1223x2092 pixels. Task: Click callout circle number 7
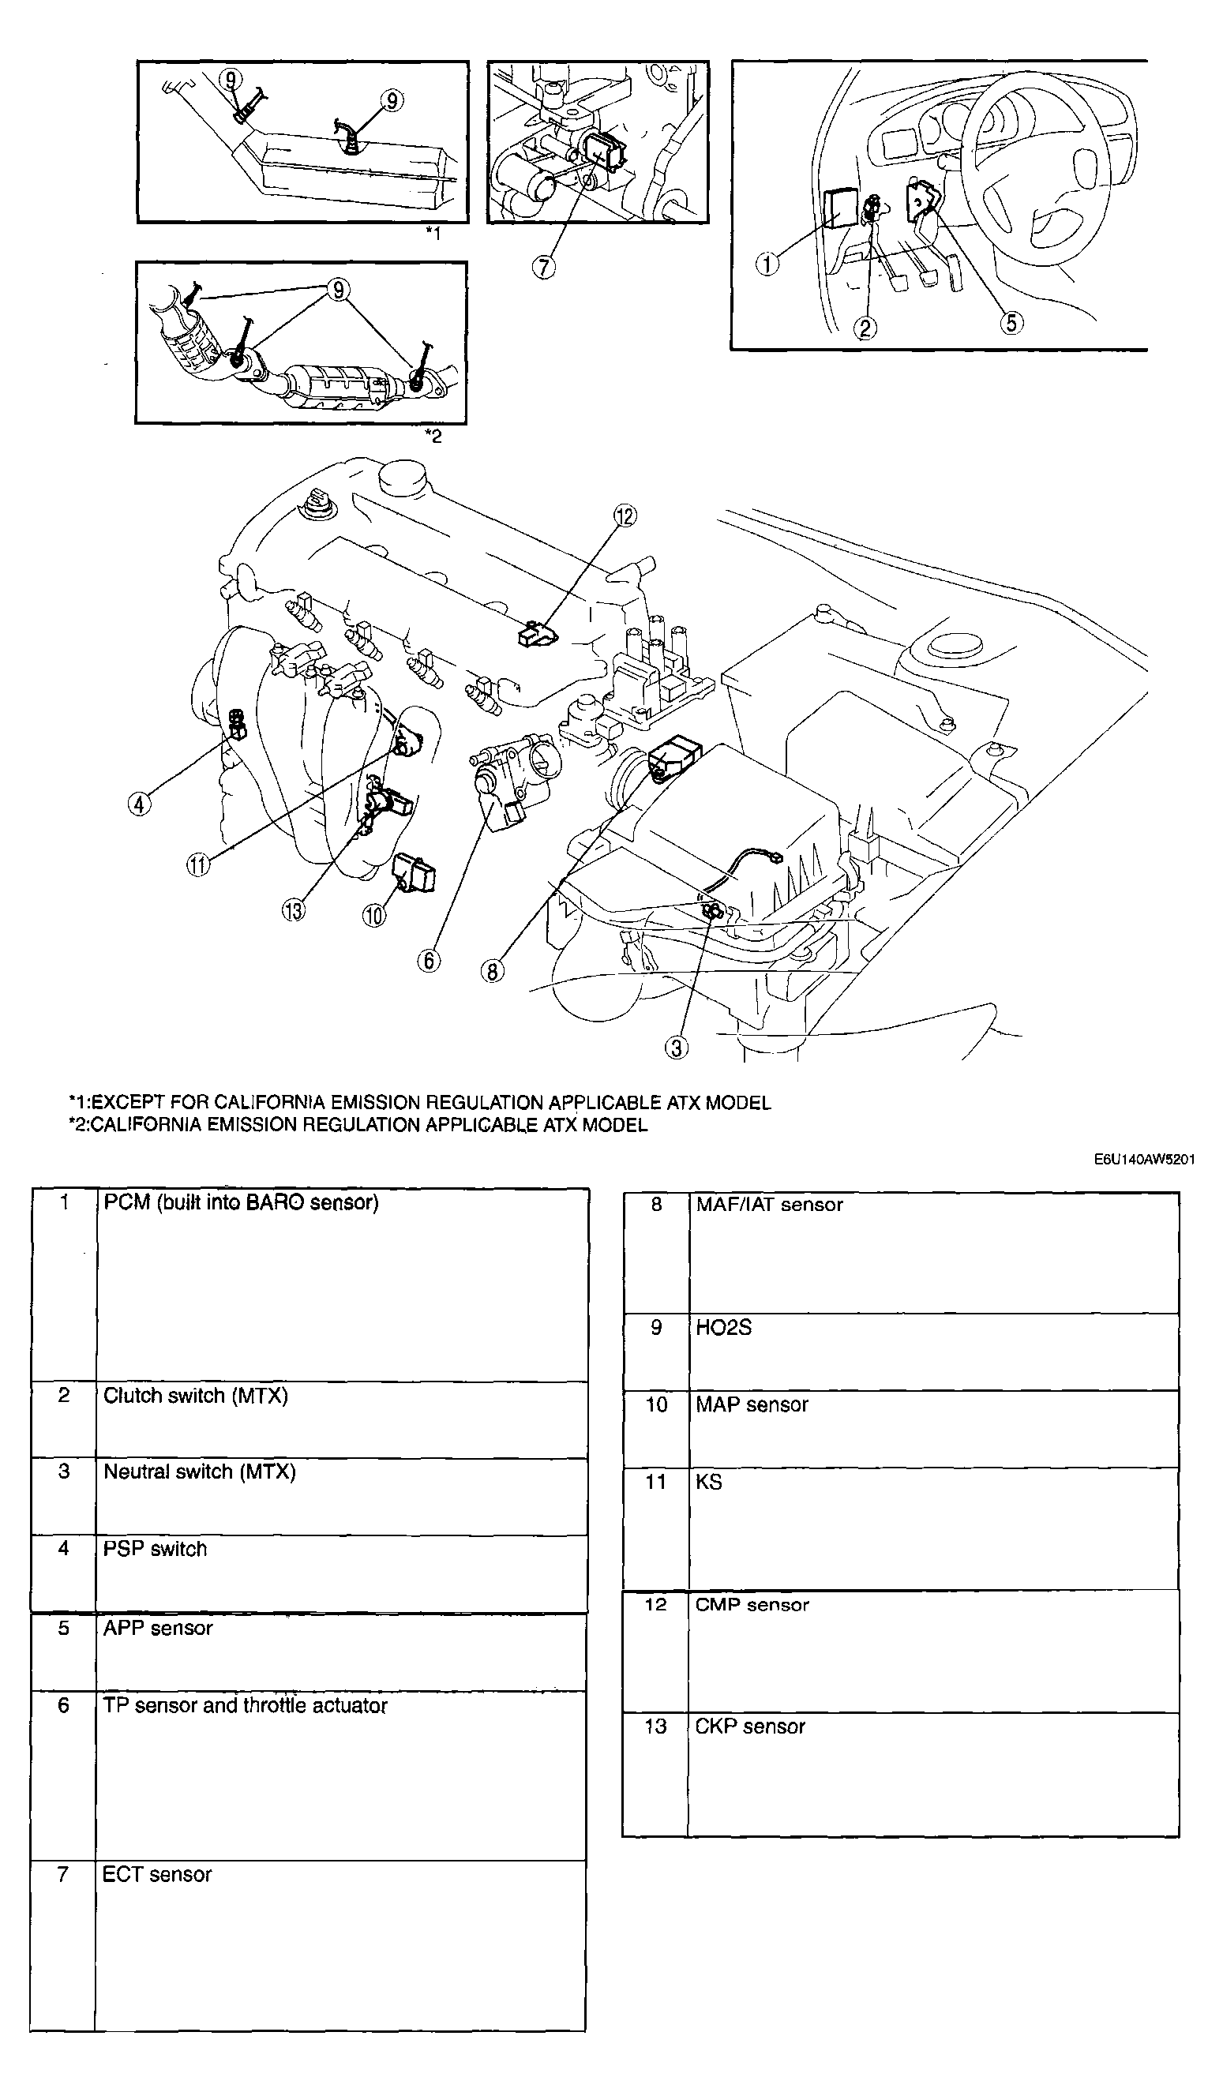[x=544, y=268]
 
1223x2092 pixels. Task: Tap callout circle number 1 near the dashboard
[x=767, y=264]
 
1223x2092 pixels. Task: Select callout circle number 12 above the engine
[x=625, y=516]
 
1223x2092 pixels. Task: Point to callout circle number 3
[x=677, y=1048]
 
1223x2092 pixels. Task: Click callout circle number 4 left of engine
[x=140, y=804]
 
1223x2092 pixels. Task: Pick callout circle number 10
[x=373, y=915]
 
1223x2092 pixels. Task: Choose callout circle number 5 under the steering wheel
[x=1011, y=322]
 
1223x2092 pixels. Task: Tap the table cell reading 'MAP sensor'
[x=752, y=1404]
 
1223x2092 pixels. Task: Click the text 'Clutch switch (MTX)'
[x=195, y=1396]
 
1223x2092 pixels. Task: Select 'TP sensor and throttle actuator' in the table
[x=245, y=1705]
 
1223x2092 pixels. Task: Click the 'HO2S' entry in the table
[x=723, y=1327]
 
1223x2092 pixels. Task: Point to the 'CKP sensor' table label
[x=750, y=1726]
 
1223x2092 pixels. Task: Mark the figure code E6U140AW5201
[x=1144, y=1159]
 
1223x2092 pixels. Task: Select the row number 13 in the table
[x=655, y=1726]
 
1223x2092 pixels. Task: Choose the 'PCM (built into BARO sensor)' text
[x=241, y=1202]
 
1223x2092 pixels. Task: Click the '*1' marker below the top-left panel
[x=433, y=234]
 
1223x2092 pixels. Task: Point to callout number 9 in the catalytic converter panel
[x=338, y=290]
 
